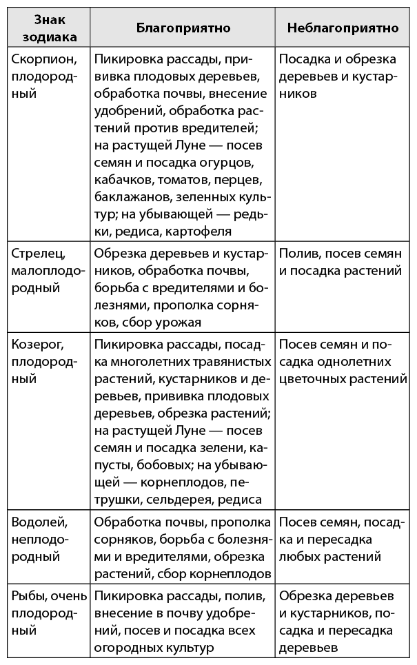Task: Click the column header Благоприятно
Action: [183, 28]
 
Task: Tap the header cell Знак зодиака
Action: [45, 28]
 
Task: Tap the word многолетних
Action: [161, 361]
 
